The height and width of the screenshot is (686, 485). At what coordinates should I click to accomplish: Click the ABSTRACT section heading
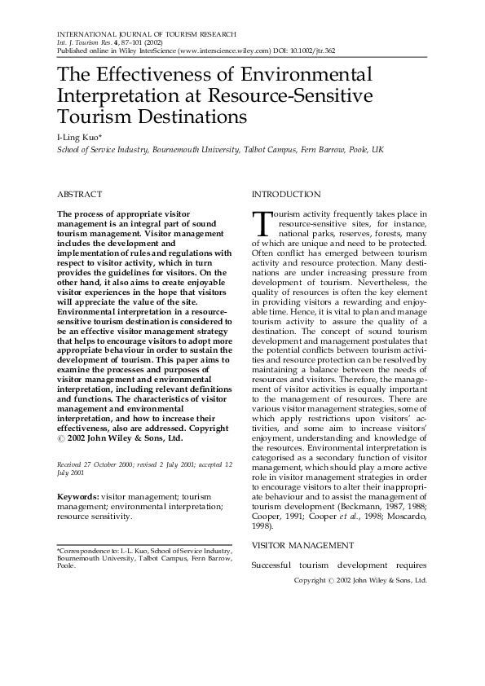[79, 195]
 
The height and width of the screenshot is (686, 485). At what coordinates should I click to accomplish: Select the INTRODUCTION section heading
[286, 195]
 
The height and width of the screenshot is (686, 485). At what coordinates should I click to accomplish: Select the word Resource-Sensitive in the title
[303, 96]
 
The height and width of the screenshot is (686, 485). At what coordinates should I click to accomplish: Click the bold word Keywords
[77, 496]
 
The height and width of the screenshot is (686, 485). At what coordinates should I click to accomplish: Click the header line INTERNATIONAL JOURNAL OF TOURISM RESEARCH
[146, 33]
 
